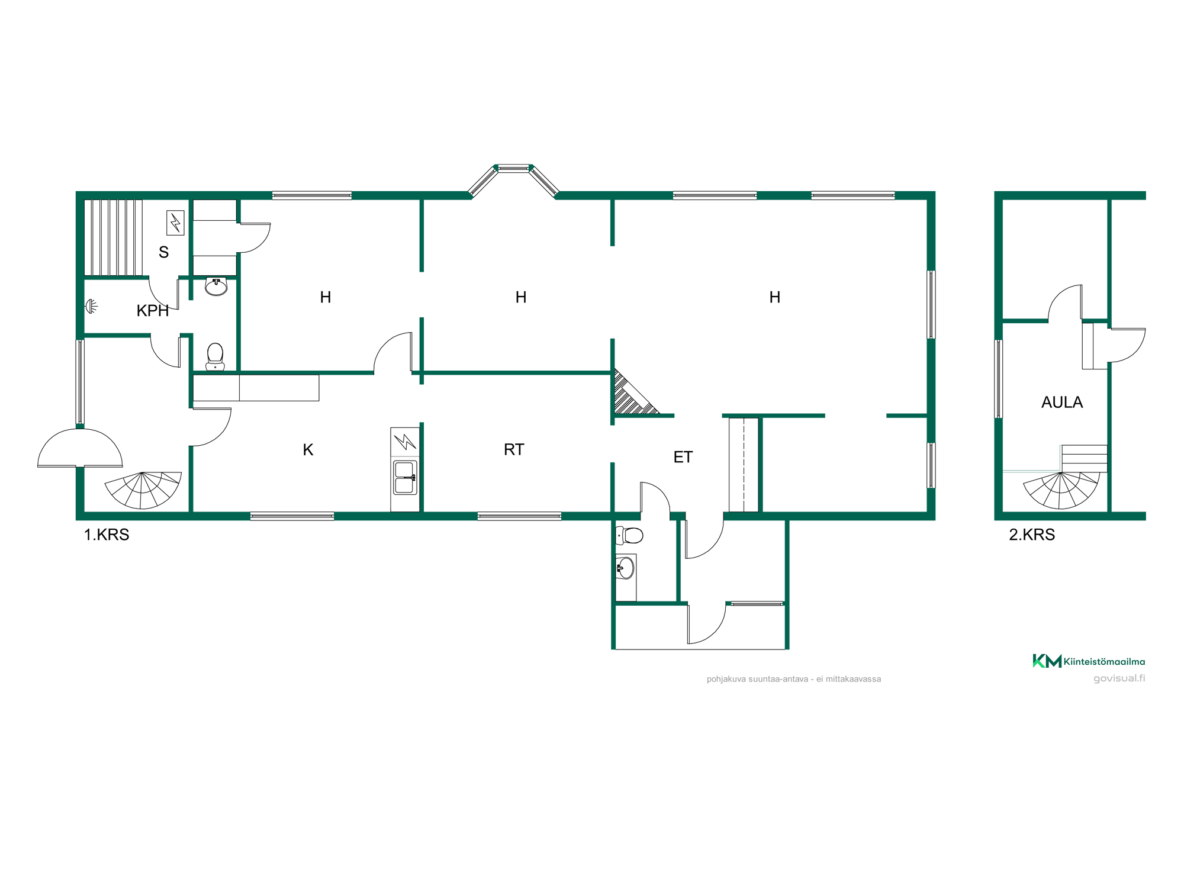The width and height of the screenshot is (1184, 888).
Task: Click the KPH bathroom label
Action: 153,311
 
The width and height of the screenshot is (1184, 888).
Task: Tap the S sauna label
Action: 164,252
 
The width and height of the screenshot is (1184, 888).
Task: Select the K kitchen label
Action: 308,450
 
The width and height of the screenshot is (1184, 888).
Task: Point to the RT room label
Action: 514,450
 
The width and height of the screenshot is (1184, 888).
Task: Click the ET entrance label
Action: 683,457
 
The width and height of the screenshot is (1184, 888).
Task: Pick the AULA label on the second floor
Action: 1062,403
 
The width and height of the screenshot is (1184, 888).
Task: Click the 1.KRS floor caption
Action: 107,535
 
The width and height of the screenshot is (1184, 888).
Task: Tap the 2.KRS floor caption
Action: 1032,535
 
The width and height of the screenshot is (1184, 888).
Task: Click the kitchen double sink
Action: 406,478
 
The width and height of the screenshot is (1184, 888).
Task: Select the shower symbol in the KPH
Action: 91,306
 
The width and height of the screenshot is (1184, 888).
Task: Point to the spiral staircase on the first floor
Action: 143,490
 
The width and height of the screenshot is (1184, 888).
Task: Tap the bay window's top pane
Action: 513,168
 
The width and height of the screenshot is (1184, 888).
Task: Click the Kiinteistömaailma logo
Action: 1089,661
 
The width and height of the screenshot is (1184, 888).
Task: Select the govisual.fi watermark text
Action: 1119,678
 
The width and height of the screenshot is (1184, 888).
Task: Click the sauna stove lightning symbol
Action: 175,223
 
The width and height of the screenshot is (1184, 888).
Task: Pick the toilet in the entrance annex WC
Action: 629,535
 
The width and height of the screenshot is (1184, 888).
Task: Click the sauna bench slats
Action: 114,237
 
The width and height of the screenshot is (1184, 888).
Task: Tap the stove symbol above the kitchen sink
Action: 406,442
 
